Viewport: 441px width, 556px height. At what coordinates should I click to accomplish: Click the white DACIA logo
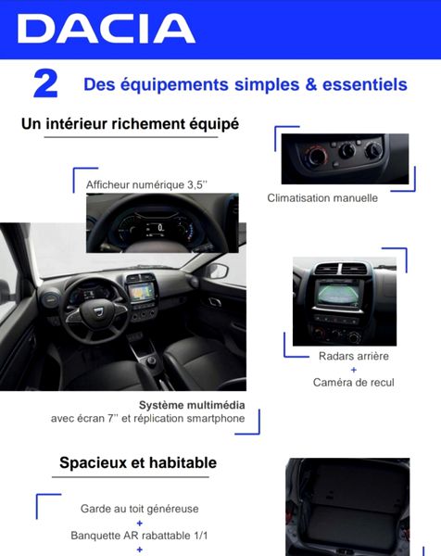[x=106, y=29]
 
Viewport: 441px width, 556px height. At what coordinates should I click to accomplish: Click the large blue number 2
[x=45, y=84]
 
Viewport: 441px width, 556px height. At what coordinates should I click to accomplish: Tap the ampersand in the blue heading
[x=310, y=84]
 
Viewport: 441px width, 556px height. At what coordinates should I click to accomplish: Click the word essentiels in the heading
[x=365, y=84]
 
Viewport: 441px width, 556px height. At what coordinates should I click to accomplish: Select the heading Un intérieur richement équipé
[x=130, y=124]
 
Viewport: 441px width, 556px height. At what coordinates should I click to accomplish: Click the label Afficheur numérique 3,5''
[x=146, y=184]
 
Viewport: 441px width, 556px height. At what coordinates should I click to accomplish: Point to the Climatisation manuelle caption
[x=322, y=198]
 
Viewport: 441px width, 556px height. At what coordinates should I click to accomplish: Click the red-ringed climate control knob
[x=316, y=156]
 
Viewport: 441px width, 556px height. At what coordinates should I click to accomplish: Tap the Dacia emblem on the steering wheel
[x=98, y=311]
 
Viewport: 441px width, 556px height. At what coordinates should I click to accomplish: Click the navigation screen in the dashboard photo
[x=142, y=291]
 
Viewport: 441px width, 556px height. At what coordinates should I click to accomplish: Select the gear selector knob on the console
[x=151, y=360]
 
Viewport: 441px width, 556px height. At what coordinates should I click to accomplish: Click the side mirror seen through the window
[x=217, y=272]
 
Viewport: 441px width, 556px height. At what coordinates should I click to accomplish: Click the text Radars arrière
[x=353, y=356]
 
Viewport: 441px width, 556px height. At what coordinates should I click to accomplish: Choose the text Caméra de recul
[x=353, y=382]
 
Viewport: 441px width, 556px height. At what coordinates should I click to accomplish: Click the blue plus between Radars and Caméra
[x=353, y=370]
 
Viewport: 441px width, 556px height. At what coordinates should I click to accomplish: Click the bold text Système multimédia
[x=192, y=405]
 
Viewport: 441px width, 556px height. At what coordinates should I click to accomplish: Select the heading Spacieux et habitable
[x=138, y=462]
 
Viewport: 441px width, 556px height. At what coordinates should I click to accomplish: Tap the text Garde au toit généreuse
[x=139, y=509]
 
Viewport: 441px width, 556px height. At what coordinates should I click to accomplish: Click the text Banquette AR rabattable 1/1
[x=139, y=536]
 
